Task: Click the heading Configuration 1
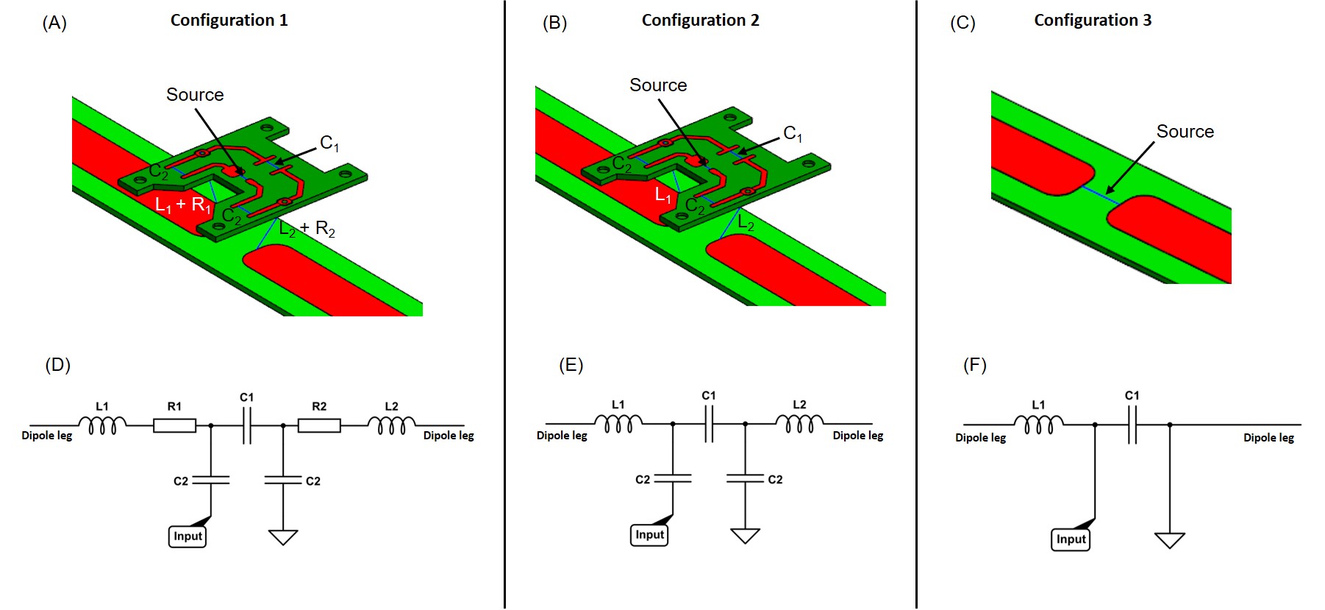(x=229, y=21)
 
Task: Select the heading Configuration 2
(x=700, y=21)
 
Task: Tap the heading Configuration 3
(x=1093, y=21)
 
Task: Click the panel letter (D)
(x=57, y=365)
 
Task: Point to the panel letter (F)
(x=975, y=365)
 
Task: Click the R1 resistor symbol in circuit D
(x=174, y=425)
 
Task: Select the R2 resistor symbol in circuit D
(x=319, y=425)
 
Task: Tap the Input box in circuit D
(x=187, y=536)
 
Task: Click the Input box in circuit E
(x=649, y=535)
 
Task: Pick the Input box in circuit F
(x=1071, y=539)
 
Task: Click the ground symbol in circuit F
(x=1169, y=541)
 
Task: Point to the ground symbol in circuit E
(x=745, y=536)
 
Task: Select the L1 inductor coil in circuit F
(x=1038, y=425)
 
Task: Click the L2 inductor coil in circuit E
(x=799, y=424)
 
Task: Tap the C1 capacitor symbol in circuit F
(x=1132, y=425)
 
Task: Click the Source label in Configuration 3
(x=1185, y=132)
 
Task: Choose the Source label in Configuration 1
(x=195, y=95)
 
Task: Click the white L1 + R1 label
(x=183, y=205)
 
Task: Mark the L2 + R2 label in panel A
(x=307, y=230)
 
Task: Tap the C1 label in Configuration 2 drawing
(x=793, y=133)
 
